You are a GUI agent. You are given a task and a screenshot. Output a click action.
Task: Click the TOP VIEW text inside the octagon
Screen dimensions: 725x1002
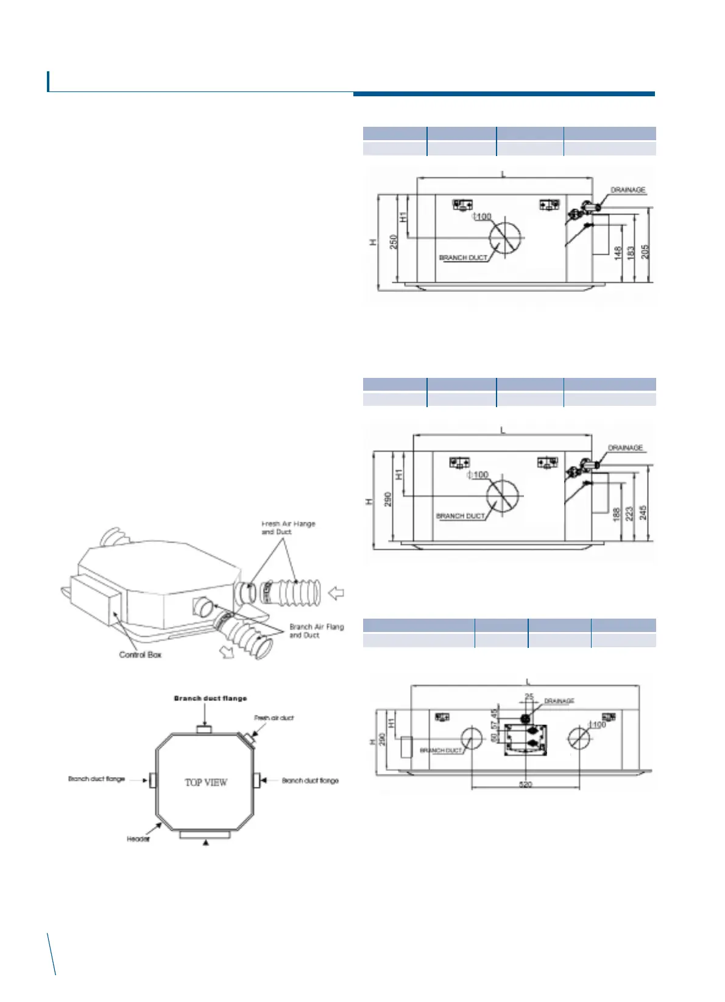click(206, 782)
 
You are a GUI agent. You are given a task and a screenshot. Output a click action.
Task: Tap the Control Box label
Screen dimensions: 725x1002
click(140, 655)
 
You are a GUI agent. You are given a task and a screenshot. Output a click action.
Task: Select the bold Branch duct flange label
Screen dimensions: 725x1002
click(210, 698)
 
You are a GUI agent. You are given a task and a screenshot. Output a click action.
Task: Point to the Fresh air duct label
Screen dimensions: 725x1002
click(274, 718)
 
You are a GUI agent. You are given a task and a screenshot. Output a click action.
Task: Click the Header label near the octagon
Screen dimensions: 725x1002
click(138, 839)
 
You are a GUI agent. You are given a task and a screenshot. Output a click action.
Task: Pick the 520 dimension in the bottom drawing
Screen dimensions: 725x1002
click(525, 784)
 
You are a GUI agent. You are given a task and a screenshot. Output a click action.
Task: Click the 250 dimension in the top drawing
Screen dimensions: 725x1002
click(394, 241)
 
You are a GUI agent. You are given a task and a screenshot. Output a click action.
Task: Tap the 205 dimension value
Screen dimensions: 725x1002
click(645, 251)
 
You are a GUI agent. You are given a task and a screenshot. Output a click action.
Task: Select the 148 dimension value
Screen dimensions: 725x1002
click(618, 254)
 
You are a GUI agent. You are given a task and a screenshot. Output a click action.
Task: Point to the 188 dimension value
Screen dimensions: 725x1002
click(616, 514)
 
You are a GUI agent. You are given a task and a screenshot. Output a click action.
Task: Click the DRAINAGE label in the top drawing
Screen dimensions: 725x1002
click(628, 190)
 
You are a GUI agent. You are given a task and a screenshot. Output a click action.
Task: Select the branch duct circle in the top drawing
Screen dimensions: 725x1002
click(505, 238)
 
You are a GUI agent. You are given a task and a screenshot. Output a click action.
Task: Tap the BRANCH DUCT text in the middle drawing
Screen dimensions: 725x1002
click(461, 516)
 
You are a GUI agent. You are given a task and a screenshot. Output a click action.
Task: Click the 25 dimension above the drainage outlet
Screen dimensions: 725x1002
click(529, 697)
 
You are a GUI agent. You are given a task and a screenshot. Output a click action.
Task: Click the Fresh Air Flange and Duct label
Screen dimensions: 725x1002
click(288, 528)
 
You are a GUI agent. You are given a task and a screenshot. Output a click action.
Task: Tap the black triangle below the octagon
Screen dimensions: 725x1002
click(206, 842)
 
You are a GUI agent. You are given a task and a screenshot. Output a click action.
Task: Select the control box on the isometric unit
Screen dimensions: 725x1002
click(92, 598)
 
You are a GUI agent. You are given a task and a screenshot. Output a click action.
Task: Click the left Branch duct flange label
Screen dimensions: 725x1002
click(96, 779)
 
